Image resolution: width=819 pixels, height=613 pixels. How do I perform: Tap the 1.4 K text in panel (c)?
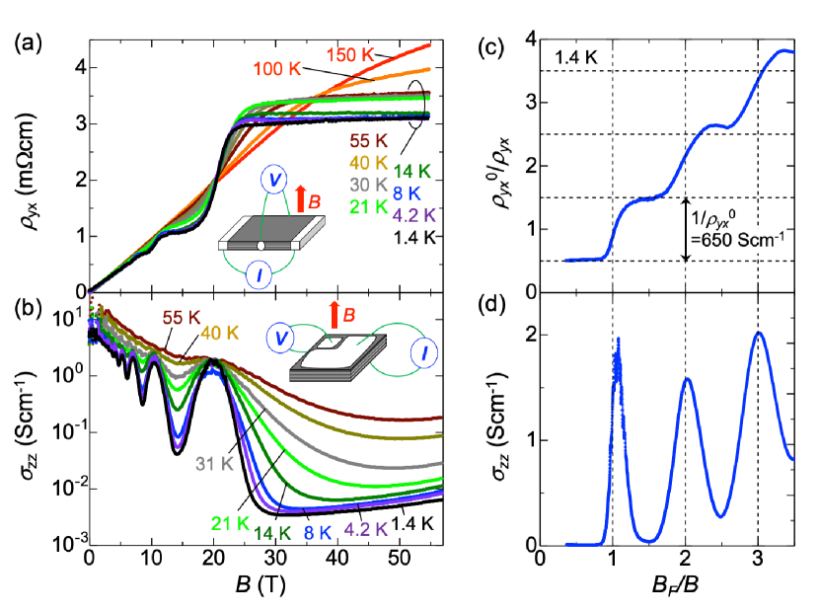[575, 58]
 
